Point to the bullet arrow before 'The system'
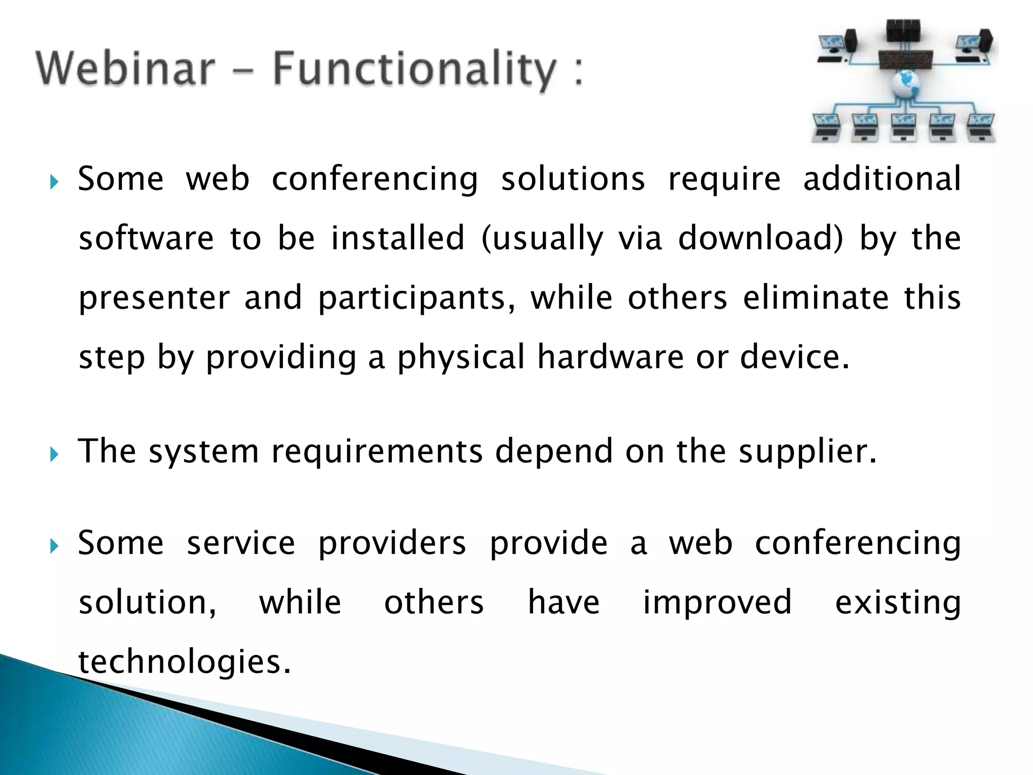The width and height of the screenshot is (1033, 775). pos(54,455)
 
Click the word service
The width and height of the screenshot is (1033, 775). pos(241,543)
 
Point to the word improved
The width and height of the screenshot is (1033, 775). pos(717,602)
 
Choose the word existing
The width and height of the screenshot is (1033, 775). pos(898,602)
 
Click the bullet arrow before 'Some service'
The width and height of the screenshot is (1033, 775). pos(54,546)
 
